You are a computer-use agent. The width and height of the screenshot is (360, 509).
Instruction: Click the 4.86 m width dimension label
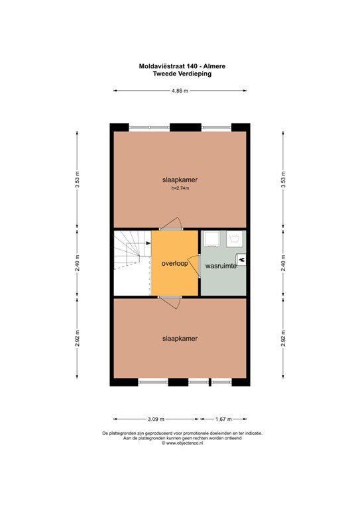pos(180,91)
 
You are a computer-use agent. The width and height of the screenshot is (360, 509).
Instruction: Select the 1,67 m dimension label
pos(223,419)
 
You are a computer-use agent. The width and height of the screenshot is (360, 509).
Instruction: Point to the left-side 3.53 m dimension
pos(77,180)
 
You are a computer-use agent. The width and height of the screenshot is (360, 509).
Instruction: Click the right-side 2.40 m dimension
pos(283,262)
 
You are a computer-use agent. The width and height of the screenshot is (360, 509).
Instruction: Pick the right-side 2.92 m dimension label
pos(283,338)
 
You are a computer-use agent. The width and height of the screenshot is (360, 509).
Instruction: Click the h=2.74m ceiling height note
pos(180,188)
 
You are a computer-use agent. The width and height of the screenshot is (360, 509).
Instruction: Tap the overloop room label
pos(174,263)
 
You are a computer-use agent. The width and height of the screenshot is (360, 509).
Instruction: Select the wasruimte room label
pos(221,266)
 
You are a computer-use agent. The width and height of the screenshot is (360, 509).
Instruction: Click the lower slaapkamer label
pos(180,339)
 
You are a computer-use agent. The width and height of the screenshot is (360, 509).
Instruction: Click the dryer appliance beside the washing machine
pos(212,239)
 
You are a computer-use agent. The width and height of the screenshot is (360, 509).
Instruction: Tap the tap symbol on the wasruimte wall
pos(241,259)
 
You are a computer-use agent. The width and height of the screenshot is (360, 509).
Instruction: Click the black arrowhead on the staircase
pos(149,243)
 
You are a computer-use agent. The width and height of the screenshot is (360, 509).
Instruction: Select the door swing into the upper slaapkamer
pos(171,223)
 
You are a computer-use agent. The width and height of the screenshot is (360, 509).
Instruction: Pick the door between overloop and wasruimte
pos(195,266)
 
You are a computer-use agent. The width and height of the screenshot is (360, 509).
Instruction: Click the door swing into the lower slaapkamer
pos(170,303)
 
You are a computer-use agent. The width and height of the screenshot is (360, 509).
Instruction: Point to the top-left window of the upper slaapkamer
pos(149,127)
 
